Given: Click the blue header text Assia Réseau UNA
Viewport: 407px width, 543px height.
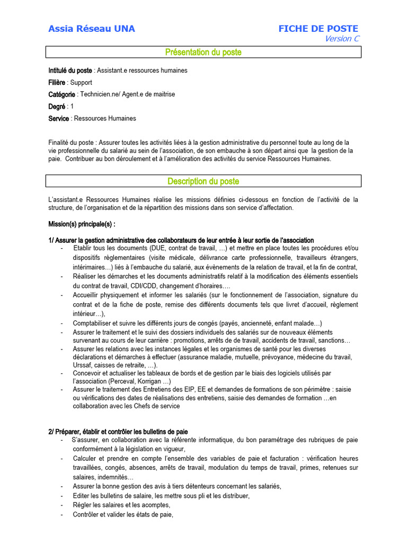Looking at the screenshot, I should (92, 29).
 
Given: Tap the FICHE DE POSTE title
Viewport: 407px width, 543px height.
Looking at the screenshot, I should (318, 29).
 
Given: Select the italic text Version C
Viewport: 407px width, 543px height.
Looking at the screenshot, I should (342, 39).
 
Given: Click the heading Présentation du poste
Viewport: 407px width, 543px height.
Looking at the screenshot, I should (203, 52).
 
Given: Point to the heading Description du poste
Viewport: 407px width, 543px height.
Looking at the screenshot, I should (203, 181).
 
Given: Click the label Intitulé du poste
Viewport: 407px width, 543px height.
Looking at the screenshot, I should (70, 71).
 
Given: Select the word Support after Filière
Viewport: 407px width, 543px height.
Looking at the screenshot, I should (81, 83).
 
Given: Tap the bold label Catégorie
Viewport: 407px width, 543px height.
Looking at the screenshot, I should (62, 94).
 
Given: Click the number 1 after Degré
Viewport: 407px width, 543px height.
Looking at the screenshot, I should (72, 107).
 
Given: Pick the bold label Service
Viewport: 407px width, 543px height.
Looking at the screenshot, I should (59, 119).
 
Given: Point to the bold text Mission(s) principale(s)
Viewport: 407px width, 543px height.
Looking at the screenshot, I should (81, 224).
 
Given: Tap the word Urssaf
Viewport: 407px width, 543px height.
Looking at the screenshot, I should (83, 366).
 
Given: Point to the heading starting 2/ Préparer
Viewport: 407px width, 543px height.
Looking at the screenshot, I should (118, 432).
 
